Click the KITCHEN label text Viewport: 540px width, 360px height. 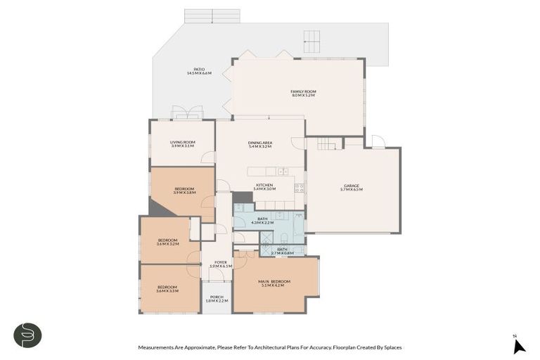264,186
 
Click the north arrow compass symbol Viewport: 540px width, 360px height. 518,345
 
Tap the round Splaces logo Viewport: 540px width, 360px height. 27,335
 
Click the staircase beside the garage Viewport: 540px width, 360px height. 328,144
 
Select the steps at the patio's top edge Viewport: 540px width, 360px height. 212,16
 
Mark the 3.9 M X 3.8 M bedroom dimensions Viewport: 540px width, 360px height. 185,193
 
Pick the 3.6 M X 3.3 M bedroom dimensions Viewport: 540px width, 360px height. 167,290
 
